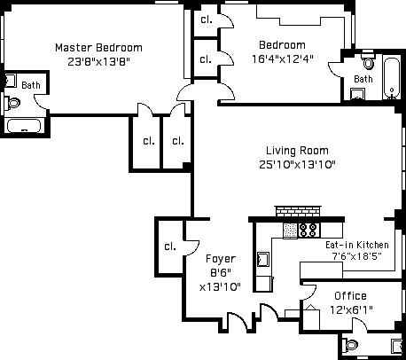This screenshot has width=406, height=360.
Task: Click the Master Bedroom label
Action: (98, 48)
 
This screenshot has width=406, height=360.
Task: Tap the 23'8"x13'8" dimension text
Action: (98, 61)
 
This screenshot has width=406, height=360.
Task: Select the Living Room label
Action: (297, 151)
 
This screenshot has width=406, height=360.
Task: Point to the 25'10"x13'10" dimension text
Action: (297, 164)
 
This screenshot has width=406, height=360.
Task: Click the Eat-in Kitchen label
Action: (357, 245)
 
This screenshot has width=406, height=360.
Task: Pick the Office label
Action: (350, 295)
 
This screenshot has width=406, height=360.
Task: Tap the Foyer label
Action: (221, 259)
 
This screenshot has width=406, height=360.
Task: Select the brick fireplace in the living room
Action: (298, 211)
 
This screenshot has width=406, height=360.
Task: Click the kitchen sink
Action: (262, 259)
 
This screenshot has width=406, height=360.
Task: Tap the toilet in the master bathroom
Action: (12, 103)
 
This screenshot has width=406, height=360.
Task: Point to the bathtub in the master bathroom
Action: (24, 126)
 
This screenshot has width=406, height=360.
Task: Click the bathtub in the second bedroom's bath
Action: (392, 78)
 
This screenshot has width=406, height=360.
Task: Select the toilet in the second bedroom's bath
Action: (368, 60)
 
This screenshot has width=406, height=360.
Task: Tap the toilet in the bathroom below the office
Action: (350, 345)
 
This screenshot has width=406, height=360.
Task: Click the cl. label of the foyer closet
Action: (170, 247)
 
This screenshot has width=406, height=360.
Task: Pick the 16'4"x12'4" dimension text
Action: (282, 59)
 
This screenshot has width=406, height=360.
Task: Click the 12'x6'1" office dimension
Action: (351, 309)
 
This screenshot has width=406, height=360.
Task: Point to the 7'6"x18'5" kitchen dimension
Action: (357, 256)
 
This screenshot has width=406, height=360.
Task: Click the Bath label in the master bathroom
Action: (31, 85)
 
